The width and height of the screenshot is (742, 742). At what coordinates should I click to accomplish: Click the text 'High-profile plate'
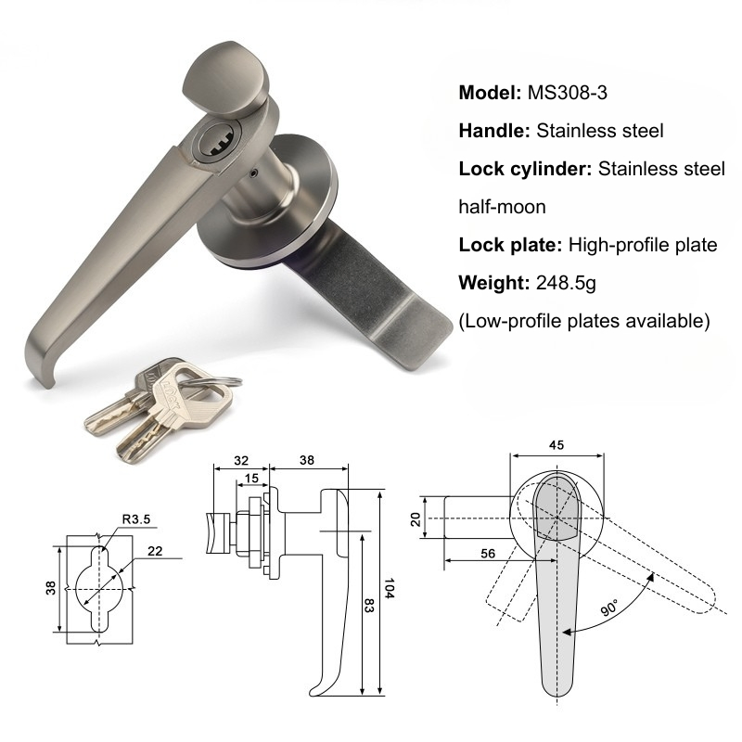(x=643, y=245)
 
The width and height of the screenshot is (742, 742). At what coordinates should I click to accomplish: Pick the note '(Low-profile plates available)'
(x=584, y=321)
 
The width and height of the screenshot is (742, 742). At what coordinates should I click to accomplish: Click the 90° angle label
(x=608, y=608)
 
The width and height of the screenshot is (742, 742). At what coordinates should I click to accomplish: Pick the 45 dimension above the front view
(x=556, y=444)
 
